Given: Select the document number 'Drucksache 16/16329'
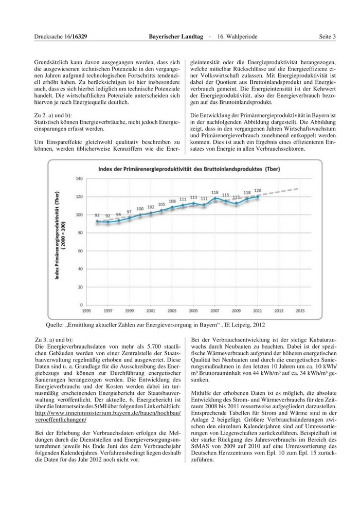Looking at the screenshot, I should point(60,37).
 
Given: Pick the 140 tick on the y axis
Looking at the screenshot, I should point(79,179).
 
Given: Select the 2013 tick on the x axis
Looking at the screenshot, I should point(278,311).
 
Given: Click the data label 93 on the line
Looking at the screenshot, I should point(97,215).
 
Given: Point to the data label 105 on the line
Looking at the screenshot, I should point(161,204).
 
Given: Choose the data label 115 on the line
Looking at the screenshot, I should point(225,195).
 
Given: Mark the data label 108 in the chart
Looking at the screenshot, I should point(172,202).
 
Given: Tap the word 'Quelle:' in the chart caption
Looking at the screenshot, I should point(56,325).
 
